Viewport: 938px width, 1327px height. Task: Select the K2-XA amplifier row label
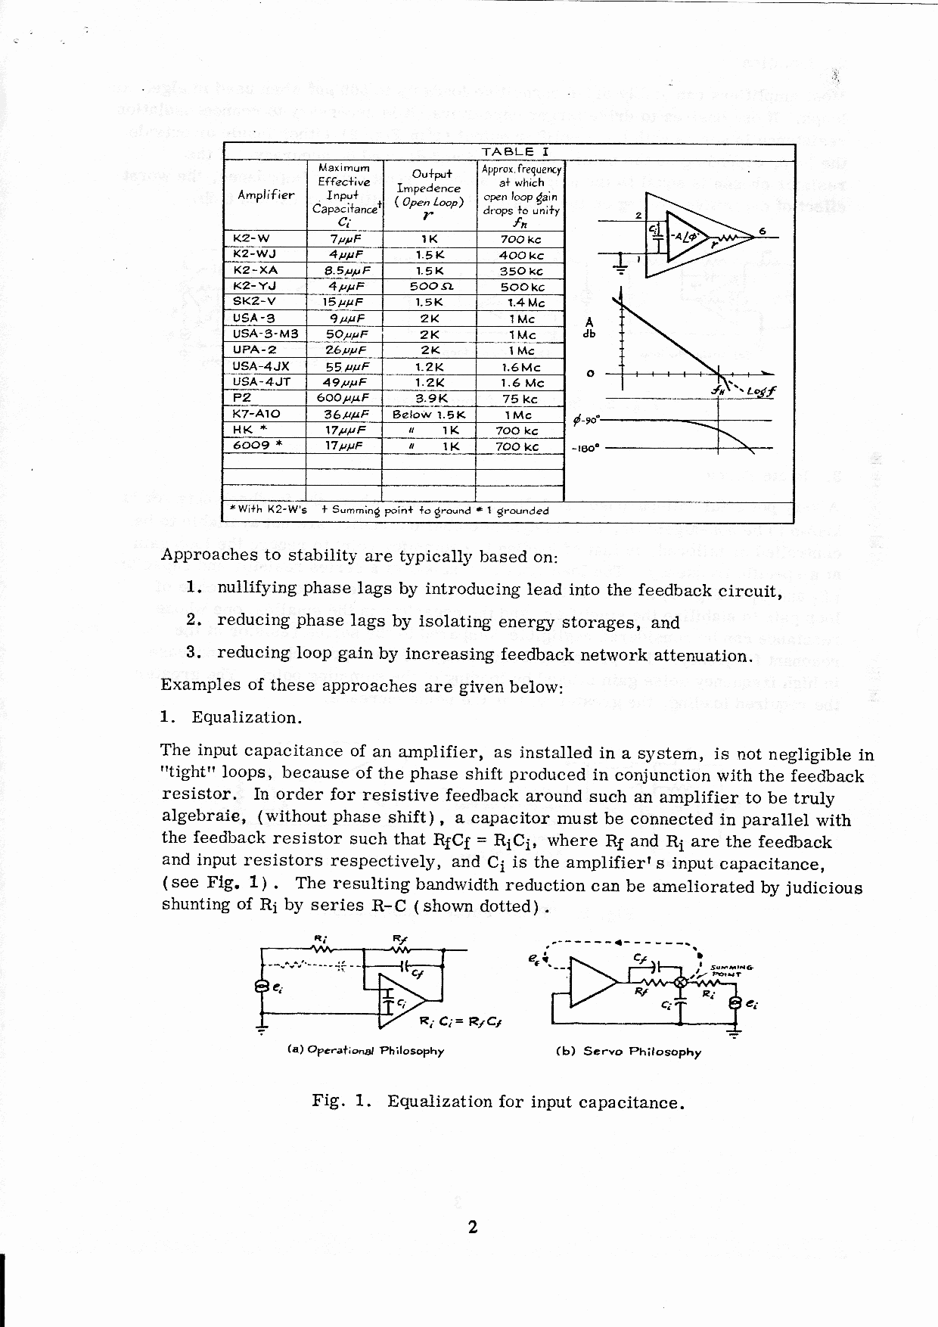tap(256, 270)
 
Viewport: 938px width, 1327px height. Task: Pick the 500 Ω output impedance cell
tap(429, 287)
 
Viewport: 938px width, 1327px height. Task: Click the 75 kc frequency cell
tap(520, 399)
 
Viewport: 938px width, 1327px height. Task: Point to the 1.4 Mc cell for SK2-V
tap(525, 303)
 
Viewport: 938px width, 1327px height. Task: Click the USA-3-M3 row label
tap(266, 334)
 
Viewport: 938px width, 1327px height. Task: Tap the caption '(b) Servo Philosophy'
tap(628, 1052)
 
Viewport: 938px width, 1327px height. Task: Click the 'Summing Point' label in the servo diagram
tap(731, 971)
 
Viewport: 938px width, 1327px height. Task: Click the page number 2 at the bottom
tap(472, 1227)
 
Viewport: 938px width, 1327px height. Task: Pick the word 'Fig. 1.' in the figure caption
tap(340, 1101)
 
